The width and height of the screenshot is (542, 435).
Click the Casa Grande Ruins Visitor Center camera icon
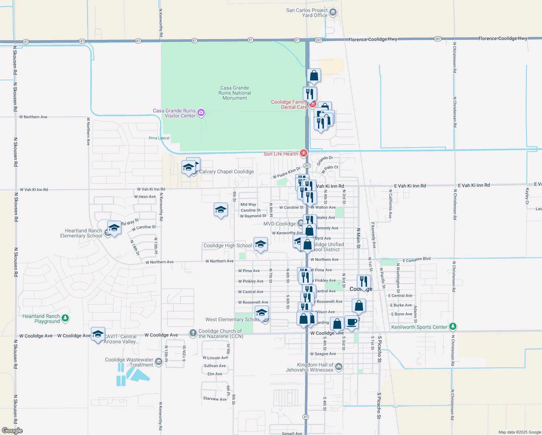[201, 113]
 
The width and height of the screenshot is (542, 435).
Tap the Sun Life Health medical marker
[304, 154]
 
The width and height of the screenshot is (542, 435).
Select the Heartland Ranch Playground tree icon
[65, 318]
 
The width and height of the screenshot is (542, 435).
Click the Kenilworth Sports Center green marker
[453, 327]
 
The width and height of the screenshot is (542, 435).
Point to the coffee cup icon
[351, 322]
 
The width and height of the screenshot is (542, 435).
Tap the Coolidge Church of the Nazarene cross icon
[193, 332]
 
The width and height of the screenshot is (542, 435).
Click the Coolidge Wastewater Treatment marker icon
[158, 362]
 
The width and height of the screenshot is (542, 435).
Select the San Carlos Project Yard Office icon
[333, 12]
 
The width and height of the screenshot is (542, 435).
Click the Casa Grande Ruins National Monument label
[235, 93]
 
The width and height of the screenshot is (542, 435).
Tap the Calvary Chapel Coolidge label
[226, 171]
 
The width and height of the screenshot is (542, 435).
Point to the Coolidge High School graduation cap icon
[260, 244]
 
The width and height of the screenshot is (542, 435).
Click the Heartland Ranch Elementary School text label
[81, 233]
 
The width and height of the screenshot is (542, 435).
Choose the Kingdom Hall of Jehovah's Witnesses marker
[338, 366]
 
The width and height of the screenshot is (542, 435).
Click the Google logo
[12, 431]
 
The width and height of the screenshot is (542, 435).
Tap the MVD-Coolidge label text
[279, 224]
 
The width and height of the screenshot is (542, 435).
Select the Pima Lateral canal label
[159, 138]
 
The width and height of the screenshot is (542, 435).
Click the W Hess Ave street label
[145, 197]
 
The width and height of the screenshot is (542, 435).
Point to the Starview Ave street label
[215, 399]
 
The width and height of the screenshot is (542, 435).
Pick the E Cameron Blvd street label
[417, 260]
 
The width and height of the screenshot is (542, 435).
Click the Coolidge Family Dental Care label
[289, 104]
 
